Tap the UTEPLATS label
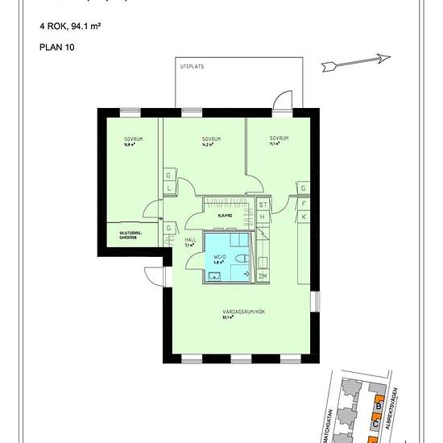tap(192, 68)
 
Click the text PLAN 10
tap(55, 47)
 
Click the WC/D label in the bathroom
tap(219, 258)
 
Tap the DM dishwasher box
tap(263, 276)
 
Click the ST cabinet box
tap(263, 205)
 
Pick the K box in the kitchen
tap(304, 217)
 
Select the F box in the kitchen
tap(304, 204)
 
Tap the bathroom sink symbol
tap(214, 276)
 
